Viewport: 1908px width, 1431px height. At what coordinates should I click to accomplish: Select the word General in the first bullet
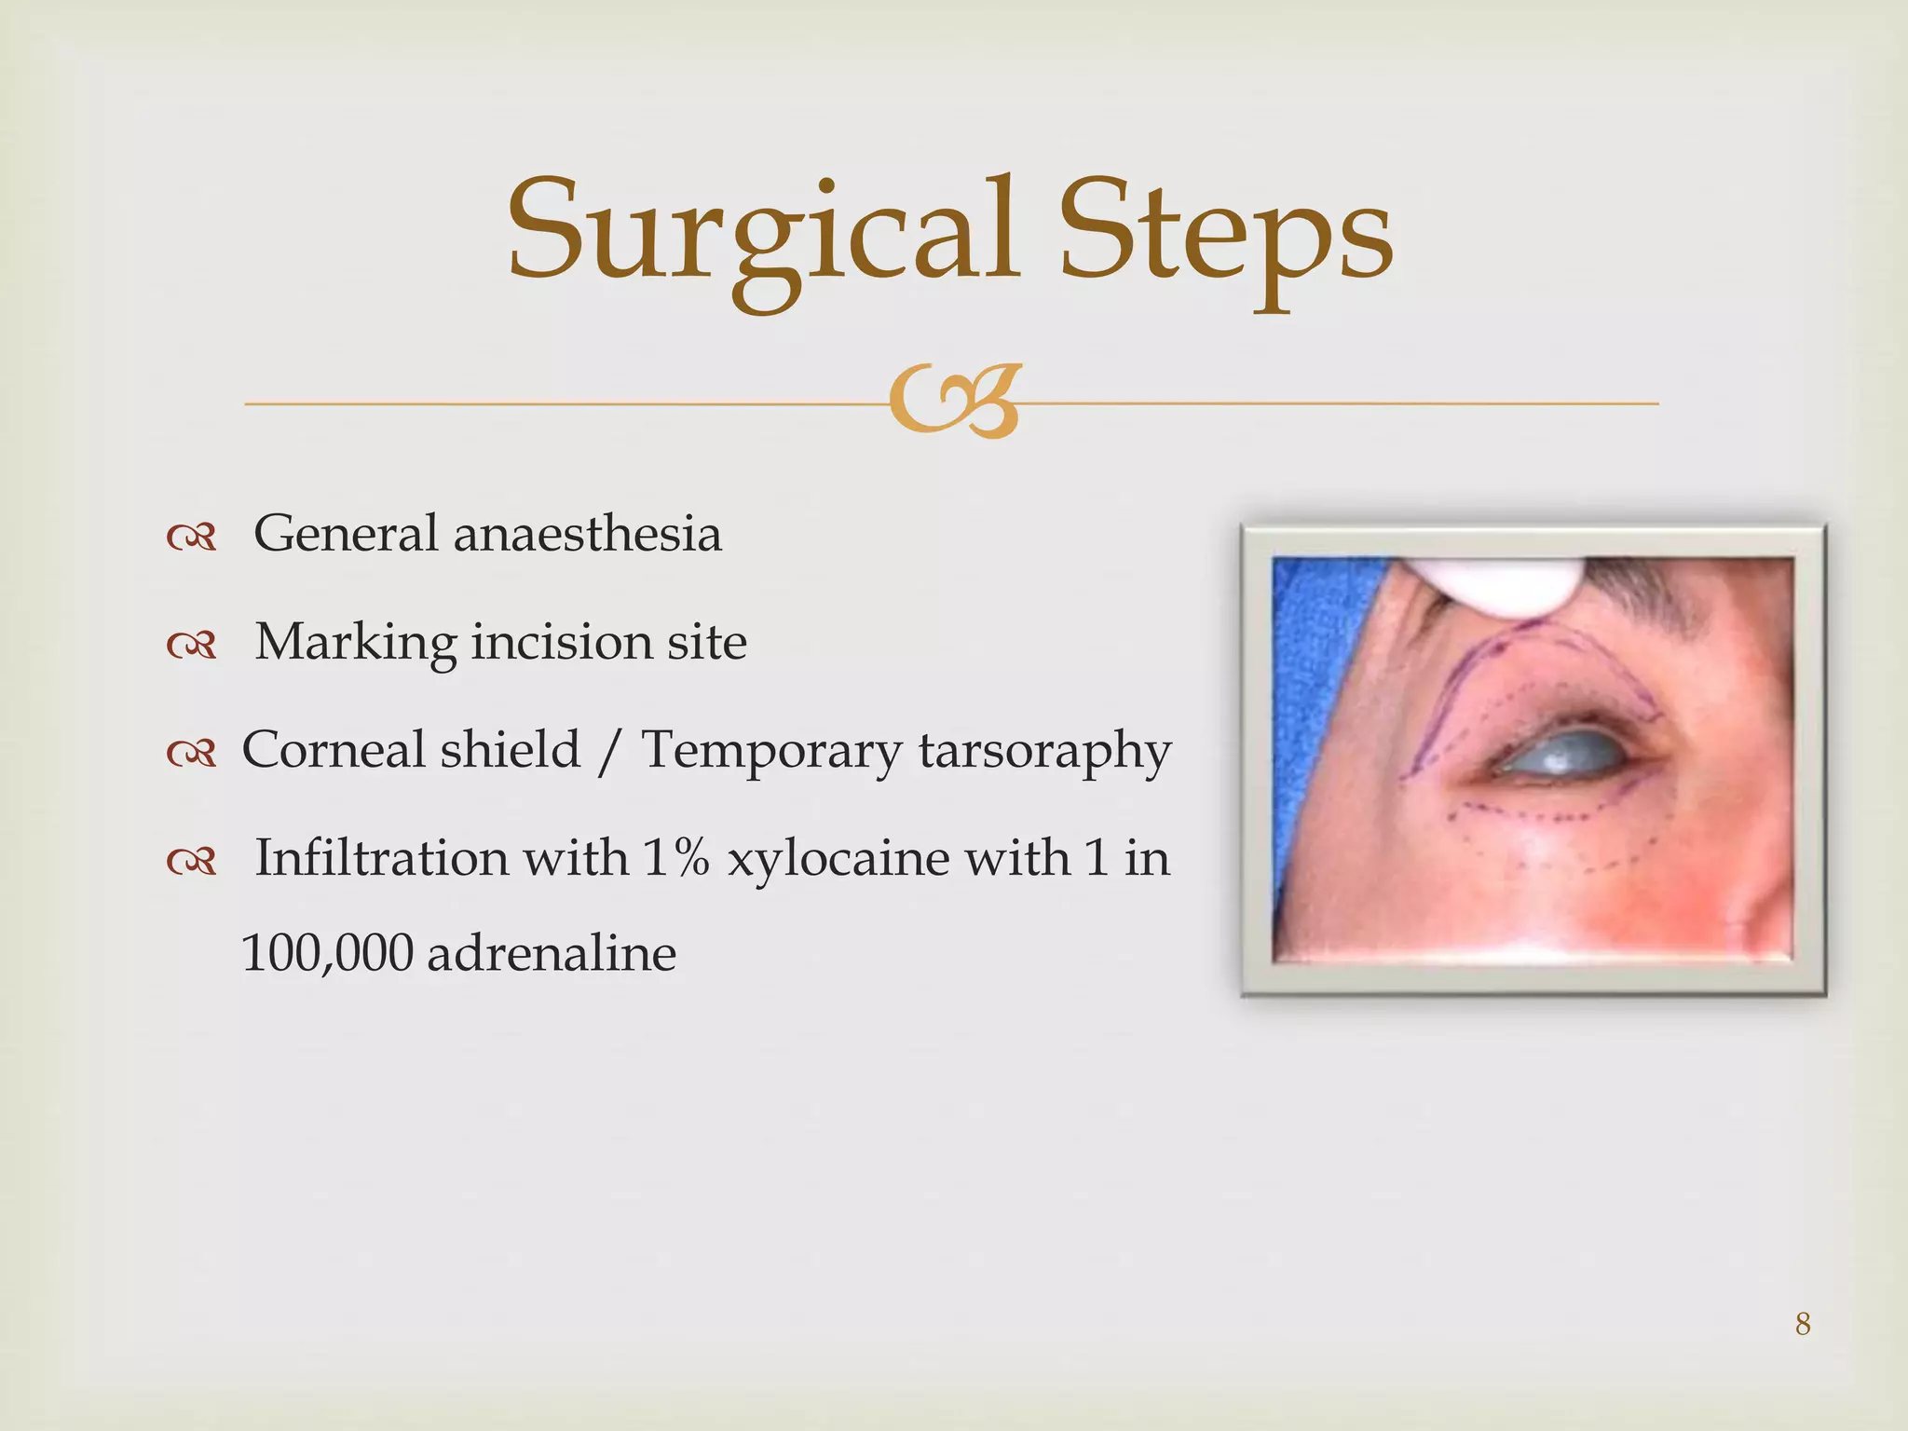(346, 534)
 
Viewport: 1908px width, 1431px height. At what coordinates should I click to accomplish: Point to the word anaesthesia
(588, 535)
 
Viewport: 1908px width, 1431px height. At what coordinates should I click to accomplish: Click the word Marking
(356, 643)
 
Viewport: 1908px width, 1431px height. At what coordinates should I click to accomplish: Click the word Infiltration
(381, 858)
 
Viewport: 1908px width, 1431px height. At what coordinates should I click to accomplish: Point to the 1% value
(675, 858)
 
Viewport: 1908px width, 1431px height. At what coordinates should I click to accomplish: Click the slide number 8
(1803, 1324)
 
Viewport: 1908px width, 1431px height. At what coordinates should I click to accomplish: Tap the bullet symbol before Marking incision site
(191, 644)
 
